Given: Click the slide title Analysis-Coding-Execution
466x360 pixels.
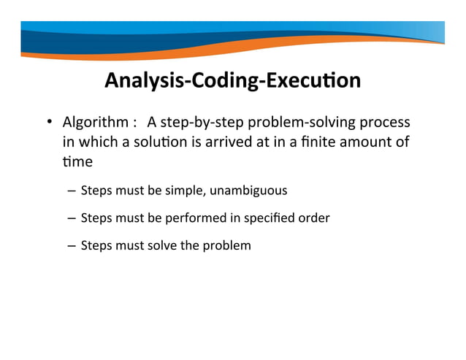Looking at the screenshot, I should [232, 80].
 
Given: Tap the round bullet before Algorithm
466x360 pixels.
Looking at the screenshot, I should [50, 122].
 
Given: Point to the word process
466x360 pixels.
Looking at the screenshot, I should [385, 121].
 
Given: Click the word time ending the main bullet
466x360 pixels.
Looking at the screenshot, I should [76, 160].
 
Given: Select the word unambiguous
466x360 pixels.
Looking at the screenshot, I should [248, 191].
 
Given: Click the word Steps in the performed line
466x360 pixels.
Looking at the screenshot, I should [96, 218].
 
